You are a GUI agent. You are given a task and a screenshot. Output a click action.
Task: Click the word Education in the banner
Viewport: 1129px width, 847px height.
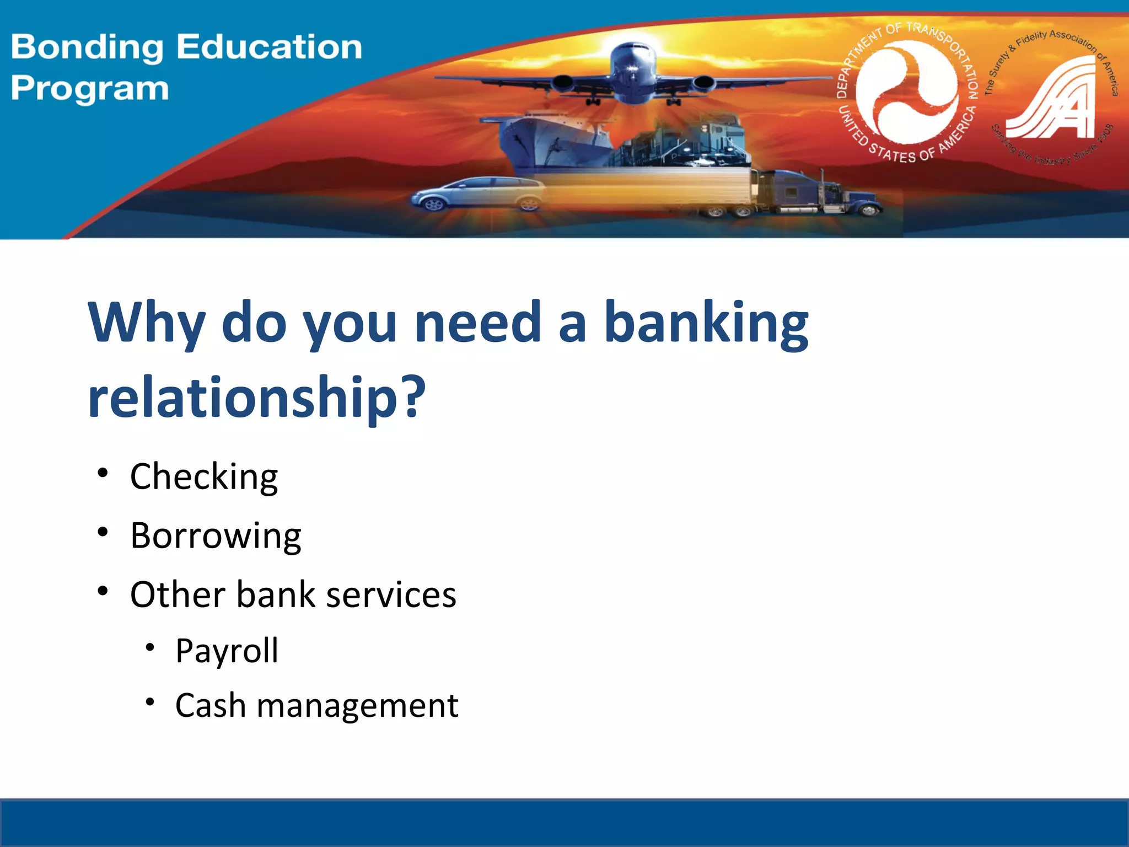pyautogui.click(x=269, y=47)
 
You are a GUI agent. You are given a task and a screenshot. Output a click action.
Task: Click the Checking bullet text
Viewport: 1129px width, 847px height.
pyautogui.click(x=204, y=477)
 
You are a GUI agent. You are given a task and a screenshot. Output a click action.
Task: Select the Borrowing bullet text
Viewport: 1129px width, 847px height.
pyautogui.click(x=216, y=536)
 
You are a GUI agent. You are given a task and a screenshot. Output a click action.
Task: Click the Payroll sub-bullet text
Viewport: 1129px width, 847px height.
pyautogui.click(x=227, y=651)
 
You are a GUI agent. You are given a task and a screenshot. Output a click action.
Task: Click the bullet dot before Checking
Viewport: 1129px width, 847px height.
pyautogui.click(x=103, y=473)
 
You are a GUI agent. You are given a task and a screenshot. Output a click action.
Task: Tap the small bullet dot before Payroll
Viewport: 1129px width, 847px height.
pyautogui.click(x=150, y=647)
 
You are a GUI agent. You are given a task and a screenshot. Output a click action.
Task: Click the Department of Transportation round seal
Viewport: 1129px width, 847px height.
pyautogui.click(x=906, y=94)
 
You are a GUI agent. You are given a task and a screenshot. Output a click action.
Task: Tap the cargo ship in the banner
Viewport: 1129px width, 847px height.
pyautogui.click(x=551, y=138)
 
